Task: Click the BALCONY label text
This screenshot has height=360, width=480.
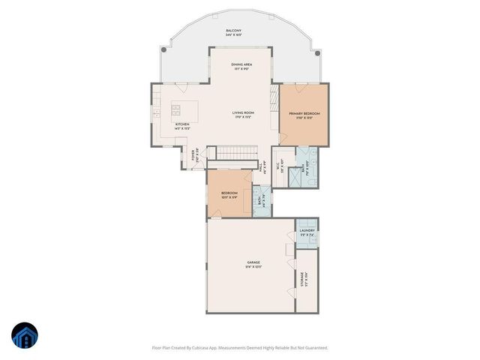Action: (x=233, y=31)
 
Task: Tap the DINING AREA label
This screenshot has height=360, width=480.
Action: (x=241, y=65)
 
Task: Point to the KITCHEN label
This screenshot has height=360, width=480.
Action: (x=182, y=124)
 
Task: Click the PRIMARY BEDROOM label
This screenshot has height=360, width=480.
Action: (x=304, y=113)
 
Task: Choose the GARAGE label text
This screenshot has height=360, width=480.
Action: (x=253, y=262)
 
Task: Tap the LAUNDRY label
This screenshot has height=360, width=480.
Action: (x=307, y=230)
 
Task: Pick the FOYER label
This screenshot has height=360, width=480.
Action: (x=193, y=157)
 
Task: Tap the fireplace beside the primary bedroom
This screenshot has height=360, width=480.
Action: (x=274, y=97)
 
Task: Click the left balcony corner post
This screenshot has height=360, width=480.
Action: (x=165, y=49)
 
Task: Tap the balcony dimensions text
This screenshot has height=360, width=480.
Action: (x=233, y=36)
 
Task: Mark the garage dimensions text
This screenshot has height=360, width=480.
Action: (x=253, y=267)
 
